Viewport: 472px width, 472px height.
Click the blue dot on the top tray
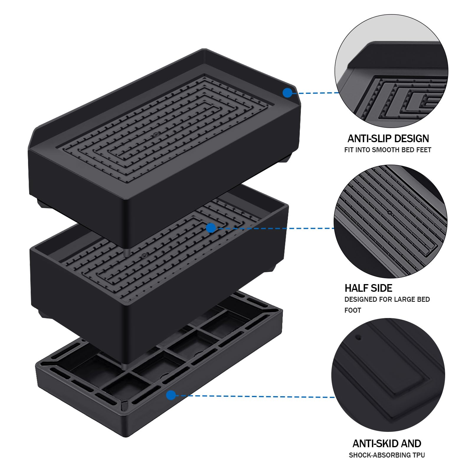coord(287,93)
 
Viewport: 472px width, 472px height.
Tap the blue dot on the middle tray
coord(211,228)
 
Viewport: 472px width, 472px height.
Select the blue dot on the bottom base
coord(171,395)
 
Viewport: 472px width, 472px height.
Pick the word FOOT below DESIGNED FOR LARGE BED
coord(353,310)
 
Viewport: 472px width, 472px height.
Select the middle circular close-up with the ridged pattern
coord(390,221)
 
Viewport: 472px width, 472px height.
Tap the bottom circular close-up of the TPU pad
coord(388,375)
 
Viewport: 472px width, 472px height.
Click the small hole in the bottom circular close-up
coord(359,337)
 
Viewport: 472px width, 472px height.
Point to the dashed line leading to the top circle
coord(316,93)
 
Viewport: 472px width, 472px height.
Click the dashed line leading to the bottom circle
coord(254,396)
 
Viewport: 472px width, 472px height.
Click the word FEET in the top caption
coord(424,150)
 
